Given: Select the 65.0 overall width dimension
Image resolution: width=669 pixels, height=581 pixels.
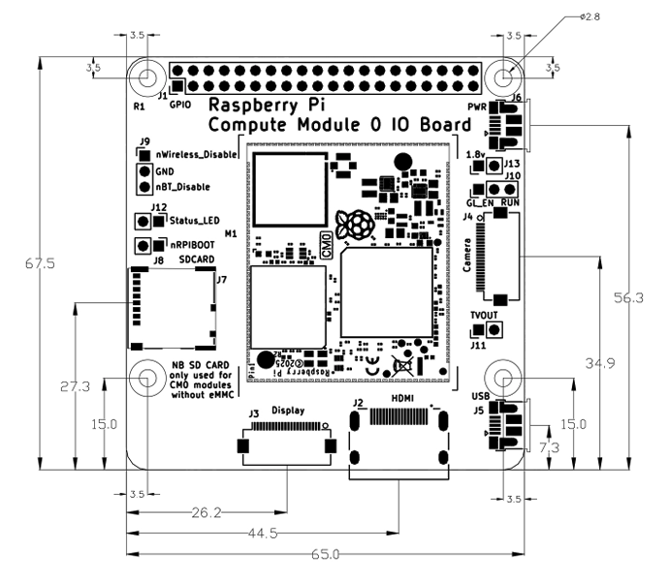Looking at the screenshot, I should pos(324,555).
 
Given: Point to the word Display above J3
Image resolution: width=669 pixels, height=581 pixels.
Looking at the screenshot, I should pos(289,411).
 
